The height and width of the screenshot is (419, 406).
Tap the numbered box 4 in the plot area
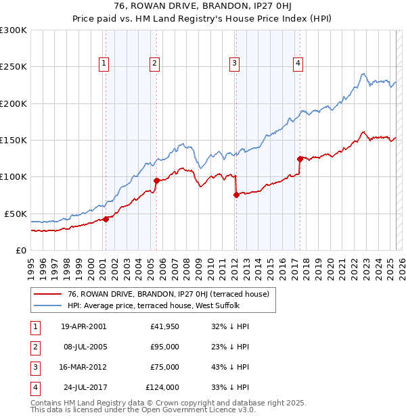[x=298, y=64]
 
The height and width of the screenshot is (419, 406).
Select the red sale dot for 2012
[x=236, y=195]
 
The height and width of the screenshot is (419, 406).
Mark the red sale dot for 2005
[x=156, y=180]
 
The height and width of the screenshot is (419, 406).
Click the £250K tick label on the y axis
[x=14, y=67]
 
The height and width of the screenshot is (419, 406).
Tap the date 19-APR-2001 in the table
[x=83, y=326]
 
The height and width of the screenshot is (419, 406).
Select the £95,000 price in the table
[x=164, y=347]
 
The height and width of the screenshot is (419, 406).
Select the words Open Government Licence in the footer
[x=201, y=410]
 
